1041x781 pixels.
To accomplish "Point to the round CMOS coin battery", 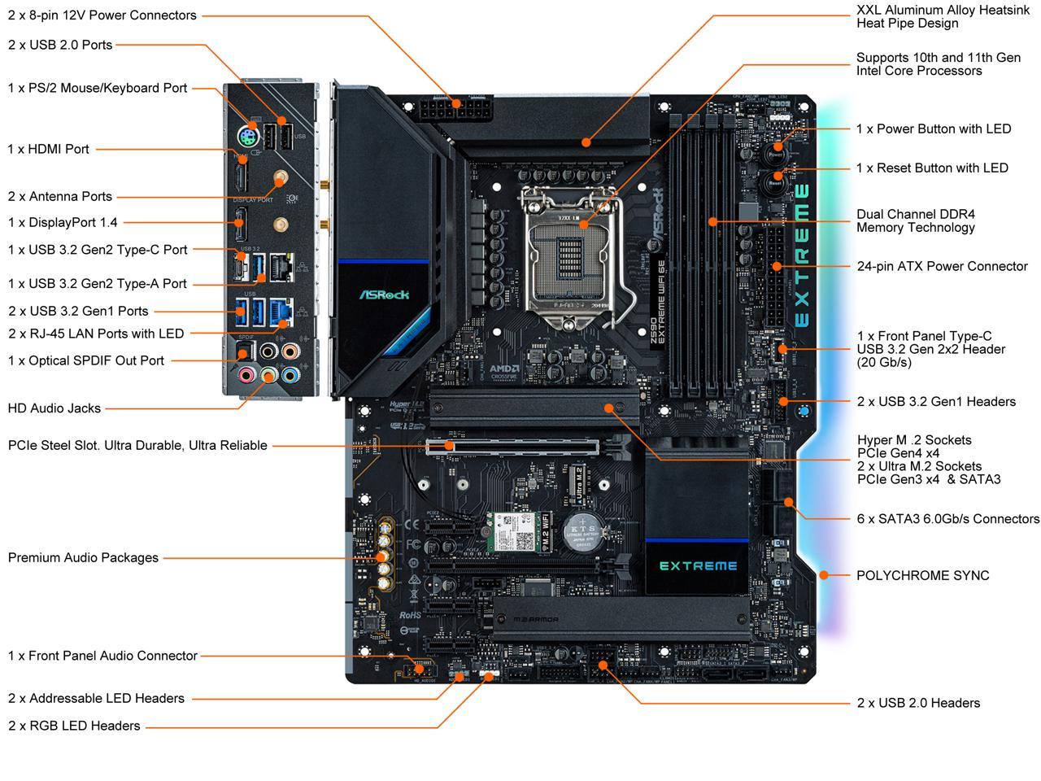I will (582, 530).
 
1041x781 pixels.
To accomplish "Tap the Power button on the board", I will (776, 151).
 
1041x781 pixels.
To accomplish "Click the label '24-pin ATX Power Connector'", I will (942, 266).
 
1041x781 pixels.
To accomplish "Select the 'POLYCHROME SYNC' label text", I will (922, 575).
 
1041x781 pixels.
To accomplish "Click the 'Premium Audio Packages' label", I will (83, 557).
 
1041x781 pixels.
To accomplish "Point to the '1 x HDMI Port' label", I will (49, 149).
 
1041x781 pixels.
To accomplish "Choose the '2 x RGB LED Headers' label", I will (74, 726).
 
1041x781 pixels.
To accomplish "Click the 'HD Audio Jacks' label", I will (54, 408).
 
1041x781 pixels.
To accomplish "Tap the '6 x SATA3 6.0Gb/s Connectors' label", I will (947, 518).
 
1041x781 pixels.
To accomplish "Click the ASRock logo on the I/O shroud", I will (384, 295).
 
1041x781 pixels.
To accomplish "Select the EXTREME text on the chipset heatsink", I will (698, 565).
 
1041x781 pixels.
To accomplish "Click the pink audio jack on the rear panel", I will (246, 374).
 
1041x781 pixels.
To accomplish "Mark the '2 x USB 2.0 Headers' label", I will (918, 703).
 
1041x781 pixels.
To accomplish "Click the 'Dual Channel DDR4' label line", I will (915, 214).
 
